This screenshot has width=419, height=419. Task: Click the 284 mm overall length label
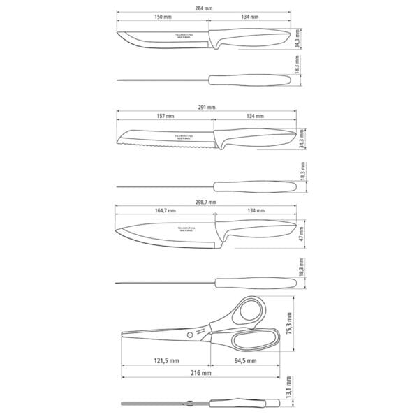tap(205, 8)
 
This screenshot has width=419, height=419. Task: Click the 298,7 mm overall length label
tap(207, 201)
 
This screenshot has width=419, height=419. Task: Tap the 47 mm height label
tap(302, 231)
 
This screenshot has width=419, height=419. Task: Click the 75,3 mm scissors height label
tap(291, 325)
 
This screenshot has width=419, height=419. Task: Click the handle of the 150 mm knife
tap(251, 39)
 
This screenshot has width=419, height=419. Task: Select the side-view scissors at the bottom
tap(203, 405)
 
